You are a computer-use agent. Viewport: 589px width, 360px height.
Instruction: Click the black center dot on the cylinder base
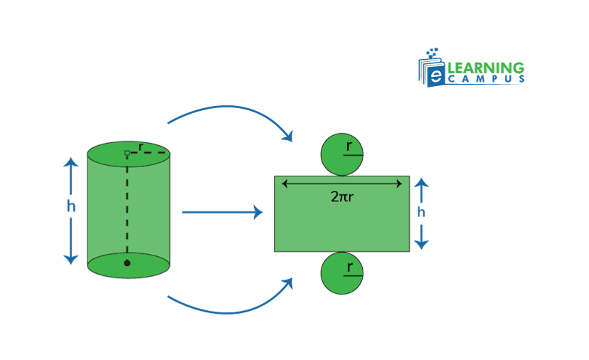127,263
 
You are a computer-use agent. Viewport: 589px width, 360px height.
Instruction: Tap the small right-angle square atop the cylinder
127,153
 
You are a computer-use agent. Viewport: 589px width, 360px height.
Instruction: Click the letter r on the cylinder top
141,147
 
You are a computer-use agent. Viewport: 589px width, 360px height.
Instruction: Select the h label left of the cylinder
70,206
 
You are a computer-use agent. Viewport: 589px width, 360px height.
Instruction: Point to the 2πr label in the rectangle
342,196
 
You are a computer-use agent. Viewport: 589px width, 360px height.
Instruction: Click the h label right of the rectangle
421,212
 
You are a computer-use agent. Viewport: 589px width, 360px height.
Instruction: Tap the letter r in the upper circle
349,146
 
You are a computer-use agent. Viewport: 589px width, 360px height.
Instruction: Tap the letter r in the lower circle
349,267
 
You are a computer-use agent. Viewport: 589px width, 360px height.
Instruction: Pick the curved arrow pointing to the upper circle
228,110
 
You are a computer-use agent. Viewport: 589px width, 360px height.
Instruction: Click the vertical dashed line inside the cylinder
127,206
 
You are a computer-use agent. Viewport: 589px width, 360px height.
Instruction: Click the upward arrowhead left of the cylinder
70,162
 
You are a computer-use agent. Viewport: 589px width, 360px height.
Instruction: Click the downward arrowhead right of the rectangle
421,243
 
